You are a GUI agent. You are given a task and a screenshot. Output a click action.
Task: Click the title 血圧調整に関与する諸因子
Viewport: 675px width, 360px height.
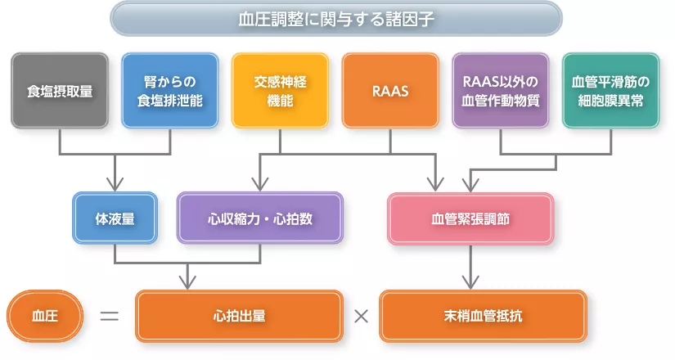coord(336,18)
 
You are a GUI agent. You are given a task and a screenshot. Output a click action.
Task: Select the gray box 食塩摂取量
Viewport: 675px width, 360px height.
coord(60,91)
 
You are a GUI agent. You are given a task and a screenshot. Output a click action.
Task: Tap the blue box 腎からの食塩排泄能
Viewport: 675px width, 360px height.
coord(169,91)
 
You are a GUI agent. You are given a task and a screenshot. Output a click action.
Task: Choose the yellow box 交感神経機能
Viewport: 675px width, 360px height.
coord(280,91)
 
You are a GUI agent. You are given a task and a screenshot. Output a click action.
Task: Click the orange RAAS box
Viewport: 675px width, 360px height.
coord(390,91)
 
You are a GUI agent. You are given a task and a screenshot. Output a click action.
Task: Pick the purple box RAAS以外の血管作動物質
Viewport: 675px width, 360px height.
coord(500,91)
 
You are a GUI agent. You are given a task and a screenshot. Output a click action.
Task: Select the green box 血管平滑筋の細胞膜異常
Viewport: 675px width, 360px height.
coord(610,91)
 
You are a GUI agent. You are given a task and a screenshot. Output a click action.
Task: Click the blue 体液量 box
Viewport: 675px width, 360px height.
coord(115,218)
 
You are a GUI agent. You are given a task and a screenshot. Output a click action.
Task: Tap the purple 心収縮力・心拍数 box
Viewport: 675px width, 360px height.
coord(260,218)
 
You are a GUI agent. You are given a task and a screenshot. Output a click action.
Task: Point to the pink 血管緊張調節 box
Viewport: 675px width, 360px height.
coord(470,218)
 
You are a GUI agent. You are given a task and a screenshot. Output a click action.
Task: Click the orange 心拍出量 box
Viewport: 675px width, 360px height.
coord(239,315)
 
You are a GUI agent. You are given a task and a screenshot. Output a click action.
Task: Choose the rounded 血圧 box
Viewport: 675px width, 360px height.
coord(44,315)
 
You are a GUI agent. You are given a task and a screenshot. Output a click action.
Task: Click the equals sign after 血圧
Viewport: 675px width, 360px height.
coord(110,315)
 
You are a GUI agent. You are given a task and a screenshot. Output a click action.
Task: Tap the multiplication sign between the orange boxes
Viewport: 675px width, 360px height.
coord(361,315)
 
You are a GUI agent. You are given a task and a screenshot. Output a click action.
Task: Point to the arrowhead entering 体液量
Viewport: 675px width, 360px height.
coord(115,183)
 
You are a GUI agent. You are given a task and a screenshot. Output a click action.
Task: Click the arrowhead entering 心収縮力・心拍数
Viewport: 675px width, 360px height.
coord(260,183)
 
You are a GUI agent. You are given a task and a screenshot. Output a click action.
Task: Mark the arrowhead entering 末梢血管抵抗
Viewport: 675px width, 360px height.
coord(470,282)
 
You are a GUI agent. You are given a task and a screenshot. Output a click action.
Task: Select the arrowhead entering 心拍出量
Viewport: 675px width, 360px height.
coord(188,282)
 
